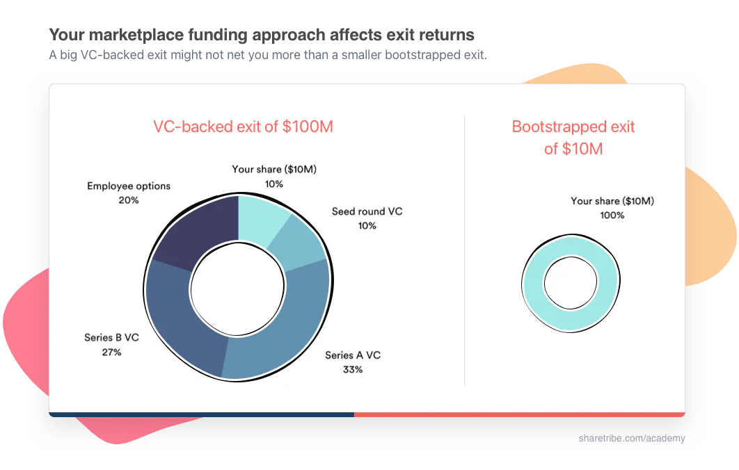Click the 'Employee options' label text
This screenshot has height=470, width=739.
point(129,186)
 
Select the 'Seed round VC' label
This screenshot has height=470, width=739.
point(367,211)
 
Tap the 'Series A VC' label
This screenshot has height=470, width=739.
point(353,355)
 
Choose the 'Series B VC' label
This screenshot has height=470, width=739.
point(111,338)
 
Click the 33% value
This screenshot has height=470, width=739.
point(353,369)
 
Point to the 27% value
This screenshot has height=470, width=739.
point(111,352)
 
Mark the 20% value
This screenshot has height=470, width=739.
point(129,200)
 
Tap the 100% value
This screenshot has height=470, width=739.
point(612,216)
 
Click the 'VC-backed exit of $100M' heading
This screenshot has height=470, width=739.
point(244,127)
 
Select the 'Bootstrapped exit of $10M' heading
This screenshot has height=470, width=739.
point(573,138)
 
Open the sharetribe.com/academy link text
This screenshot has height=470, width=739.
point(632,438)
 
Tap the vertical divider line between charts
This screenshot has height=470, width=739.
point(464,250)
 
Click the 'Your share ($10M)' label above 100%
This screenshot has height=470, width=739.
point(612,201)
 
